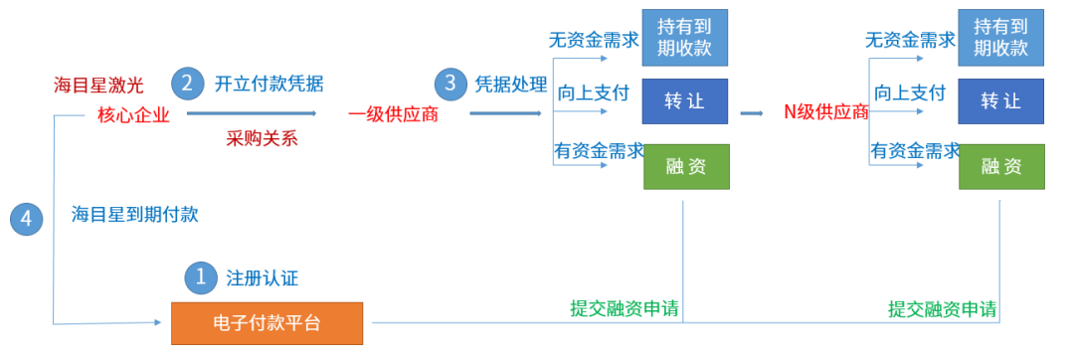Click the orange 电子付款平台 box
[267, 323]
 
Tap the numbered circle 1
[201, 277]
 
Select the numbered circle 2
[188, 84]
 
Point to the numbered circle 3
[450, 84]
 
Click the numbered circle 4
[26, 219]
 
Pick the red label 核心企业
[133, 115]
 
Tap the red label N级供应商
[826, 112]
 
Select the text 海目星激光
[98, 86]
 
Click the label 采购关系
[263, 139]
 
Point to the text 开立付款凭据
[269, 85]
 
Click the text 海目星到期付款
[135, 215]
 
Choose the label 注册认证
[263, 278]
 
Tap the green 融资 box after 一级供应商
[686, 166]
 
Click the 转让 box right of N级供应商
[1000, 101]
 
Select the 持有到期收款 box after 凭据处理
[684, 38]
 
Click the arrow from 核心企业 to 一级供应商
[252, 113]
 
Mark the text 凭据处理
[511, 85]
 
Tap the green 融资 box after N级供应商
[1001, 166]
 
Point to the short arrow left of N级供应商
[752, 113]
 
